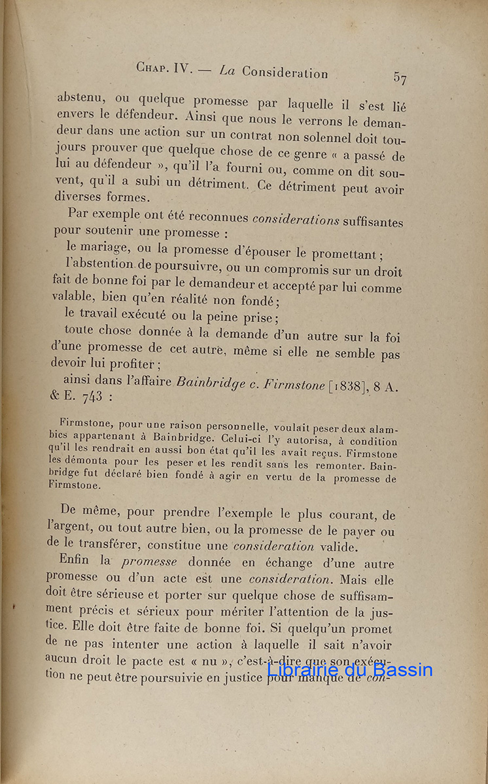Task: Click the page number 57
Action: (400, 78)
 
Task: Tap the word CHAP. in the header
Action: (154, 67)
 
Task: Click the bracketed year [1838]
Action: (348, 385)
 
